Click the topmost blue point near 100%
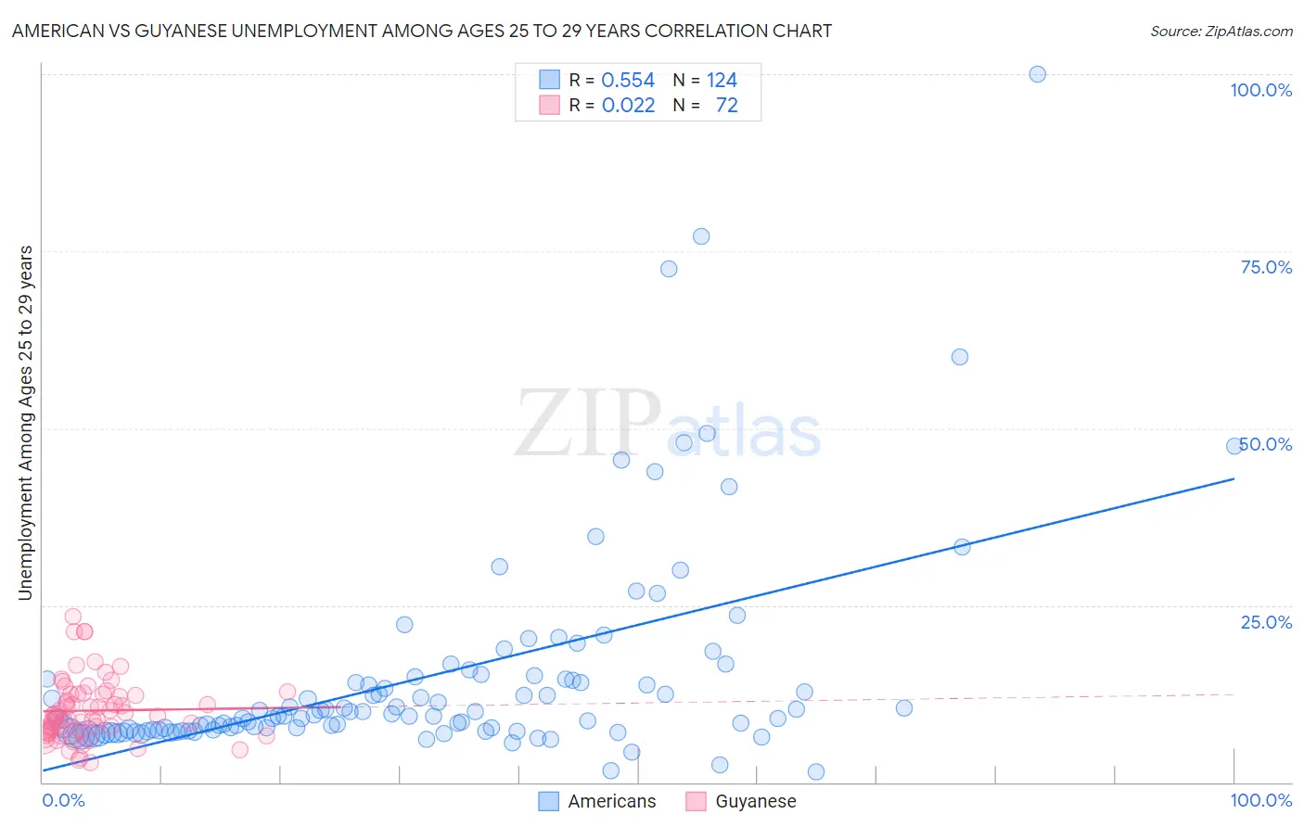(1037, 74)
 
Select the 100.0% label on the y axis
(1260, 90)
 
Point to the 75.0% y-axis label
(1266, 267)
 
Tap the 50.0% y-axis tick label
(1266, 444)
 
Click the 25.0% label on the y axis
(1266, 622)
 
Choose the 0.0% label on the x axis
(63, 800)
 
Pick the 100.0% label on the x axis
(1260, 800)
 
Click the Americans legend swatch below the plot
(549, 801)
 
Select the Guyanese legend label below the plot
(756, 801)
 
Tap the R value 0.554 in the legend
(628, 80)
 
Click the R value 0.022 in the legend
(628, 105)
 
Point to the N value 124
(722, 80)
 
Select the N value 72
(726, 105)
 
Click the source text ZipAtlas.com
(1221, 31)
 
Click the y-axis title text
(25, 423)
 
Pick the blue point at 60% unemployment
(960, 357)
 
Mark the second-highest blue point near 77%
(701, 236)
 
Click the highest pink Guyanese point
(72, 617)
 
